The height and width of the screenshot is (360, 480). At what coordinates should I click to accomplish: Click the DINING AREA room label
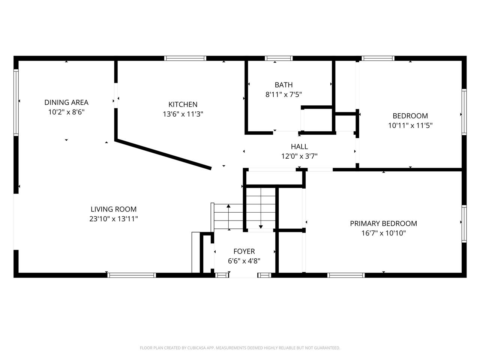pos(66,102)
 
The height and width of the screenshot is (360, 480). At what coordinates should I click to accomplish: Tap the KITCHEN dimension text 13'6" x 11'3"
pos(183,114)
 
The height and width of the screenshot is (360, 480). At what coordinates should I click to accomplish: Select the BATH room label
pos(283,85)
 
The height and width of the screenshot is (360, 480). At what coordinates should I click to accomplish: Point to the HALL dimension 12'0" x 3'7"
pos(299,156)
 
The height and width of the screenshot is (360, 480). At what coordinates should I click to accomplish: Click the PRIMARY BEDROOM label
pos(383,223)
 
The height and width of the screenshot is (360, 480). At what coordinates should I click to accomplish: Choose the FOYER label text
pos(244,251)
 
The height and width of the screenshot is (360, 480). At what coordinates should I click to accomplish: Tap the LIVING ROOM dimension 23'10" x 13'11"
pos(114,219)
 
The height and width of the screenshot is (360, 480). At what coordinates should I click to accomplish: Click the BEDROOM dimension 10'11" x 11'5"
pos(410,125)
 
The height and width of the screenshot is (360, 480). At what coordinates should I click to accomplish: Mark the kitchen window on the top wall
pos(185,58)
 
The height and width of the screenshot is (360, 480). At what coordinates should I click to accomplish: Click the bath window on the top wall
pos(279,58)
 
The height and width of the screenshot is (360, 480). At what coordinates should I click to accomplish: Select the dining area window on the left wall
pos(16,102)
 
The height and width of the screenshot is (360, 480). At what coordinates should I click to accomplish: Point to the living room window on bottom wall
pos(132,275)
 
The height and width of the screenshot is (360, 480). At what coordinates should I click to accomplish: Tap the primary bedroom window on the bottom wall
pos(346,275)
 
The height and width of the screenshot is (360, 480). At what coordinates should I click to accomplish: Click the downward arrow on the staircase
pos(261,226)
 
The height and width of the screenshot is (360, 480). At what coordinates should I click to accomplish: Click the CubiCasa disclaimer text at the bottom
pos(240,348)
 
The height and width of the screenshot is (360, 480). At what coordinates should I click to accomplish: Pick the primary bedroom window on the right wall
pos(464,224)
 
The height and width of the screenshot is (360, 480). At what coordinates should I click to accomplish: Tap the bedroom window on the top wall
pos(378,58)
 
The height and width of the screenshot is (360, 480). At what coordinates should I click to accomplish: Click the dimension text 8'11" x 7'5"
pos(283,94)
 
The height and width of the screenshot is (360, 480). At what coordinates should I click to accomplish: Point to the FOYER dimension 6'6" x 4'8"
pos(244,261)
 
